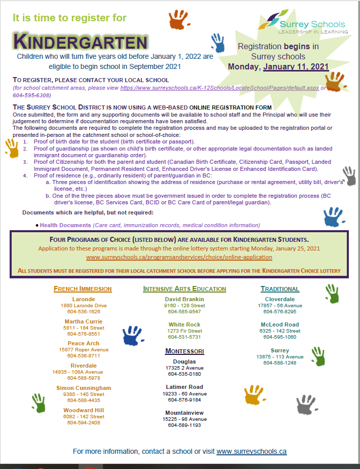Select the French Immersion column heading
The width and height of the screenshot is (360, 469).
tap(83, 289)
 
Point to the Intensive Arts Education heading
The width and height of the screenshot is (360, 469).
tap(185, 289)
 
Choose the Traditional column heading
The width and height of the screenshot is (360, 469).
tap(280, 289)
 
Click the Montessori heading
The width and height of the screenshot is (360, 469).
tap(185, 351)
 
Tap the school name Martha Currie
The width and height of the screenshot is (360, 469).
tap(83, 321)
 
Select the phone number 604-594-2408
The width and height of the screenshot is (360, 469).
tap(83, 422)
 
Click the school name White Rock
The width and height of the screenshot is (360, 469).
tap(185, 324)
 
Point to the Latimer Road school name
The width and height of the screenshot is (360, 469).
tap(185, 387)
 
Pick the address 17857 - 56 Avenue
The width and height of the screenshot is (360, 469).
tap(280, 306)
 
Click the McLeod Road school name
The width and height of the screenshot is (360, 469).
tap(280, 324)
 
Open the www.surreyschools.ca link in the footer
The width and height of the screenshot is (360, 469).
tap(251, 451)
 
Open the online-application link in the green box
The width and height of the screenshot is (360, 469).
tap(179, 257)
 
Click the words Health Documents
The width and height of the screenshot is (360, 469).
tap(65, 225)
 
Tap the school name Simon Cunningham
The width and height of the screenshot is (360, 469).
tap(83, 388)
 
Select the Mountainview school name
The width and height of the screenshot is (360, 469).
tap(185, 413)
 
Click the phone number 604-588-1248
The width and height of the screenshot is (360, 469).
tap(280, 363)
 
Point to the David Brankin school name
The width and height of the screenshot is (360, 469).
tap(185, 299)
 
